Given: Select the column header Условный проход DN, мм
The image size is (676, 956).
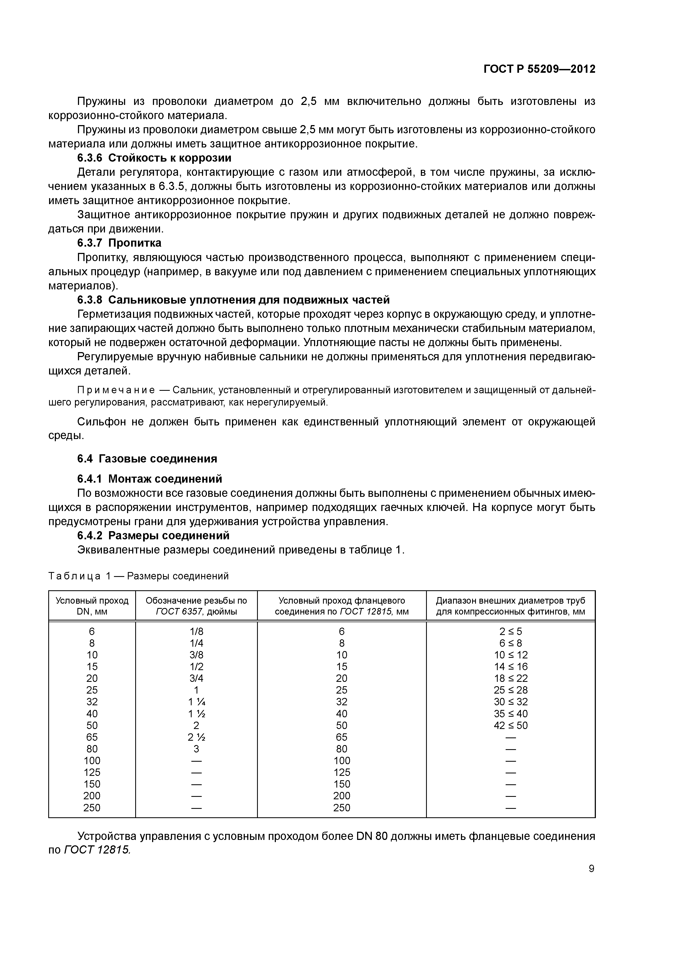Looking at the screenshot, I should point(92,606).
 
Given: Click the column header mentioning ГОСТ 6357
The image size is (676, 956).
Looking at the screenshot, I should point(196,606).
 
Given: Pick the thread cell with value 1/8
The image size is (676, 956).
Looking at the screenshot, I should point(196,631).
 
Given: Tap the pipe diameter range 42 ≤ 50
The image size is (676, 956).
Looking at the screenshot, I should point(511,725).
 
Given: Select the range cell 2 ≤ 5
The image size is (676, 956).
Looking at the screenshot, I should point(511,631).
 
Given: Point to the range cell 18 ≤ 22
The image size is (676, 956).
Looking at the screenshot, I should point(511,678).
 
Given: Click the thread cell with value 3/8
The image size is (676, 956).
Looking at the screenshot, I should point(196,655).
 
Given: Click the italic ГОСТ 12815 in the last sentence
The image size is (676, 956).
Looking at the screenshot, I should point(97,850).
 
